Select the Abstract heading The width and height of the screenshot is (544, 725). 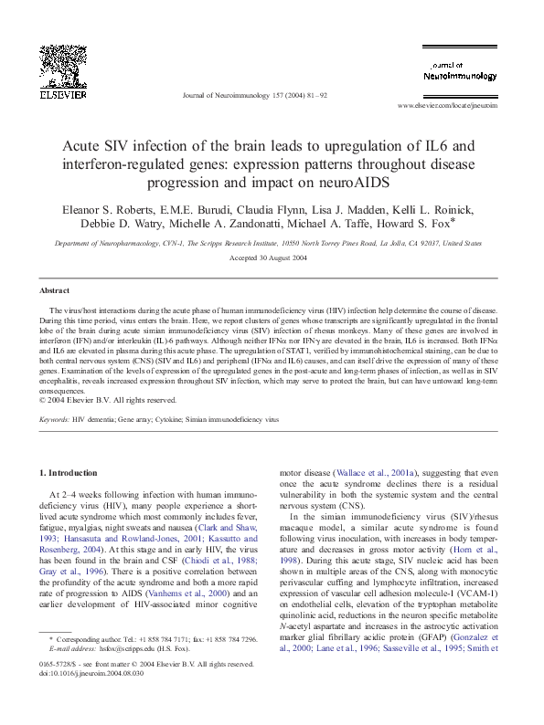tap(54, 290)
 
